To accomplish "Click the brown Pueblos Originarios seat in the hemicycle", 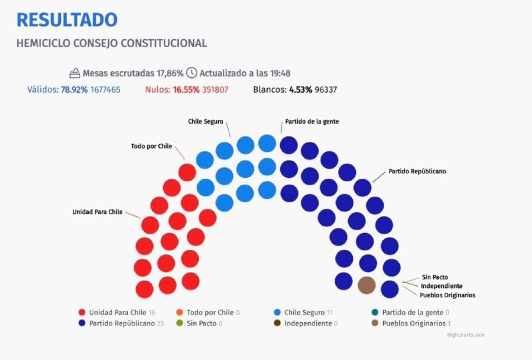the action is point(367,285).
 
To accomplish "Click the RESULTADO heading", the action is point(67,20).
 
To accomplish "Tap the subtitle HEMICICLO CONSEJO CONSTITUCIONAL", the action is point(111,44).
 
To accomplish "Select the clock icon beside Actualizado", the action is point(192,73).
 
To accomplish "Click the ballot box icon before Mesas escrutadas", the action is point(75,73).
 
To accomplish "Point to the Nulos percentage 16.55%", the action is point(186,90).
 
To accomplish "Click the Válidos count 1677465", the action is point(105,90).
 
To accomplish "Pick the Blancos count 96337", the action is point(326,90).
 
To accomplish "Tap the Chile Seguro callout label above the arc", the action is point(206,121).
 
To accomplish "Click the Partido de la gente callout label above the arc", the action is point(312,121).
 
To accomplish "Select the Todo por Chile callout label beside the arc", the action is point(152,146).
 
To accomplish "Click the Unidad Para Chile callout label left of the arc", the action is point(97,212).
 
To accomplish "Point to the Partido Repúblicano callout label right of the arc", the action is point(417,171).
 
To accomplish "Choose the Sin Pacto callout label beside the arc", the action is point(435,277).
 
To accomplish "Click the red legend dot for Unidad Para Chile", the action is point(82,312).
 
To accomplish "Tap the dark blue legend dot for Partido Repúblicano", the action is point(82,323).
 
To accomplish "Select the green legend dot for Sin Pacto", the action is point(180,323).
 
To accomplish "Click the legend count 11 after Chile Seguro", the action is point(330,312).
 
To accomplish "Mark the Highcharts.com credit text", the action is point(466,335).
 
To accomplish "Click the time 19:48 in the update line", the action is point(280,73).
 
